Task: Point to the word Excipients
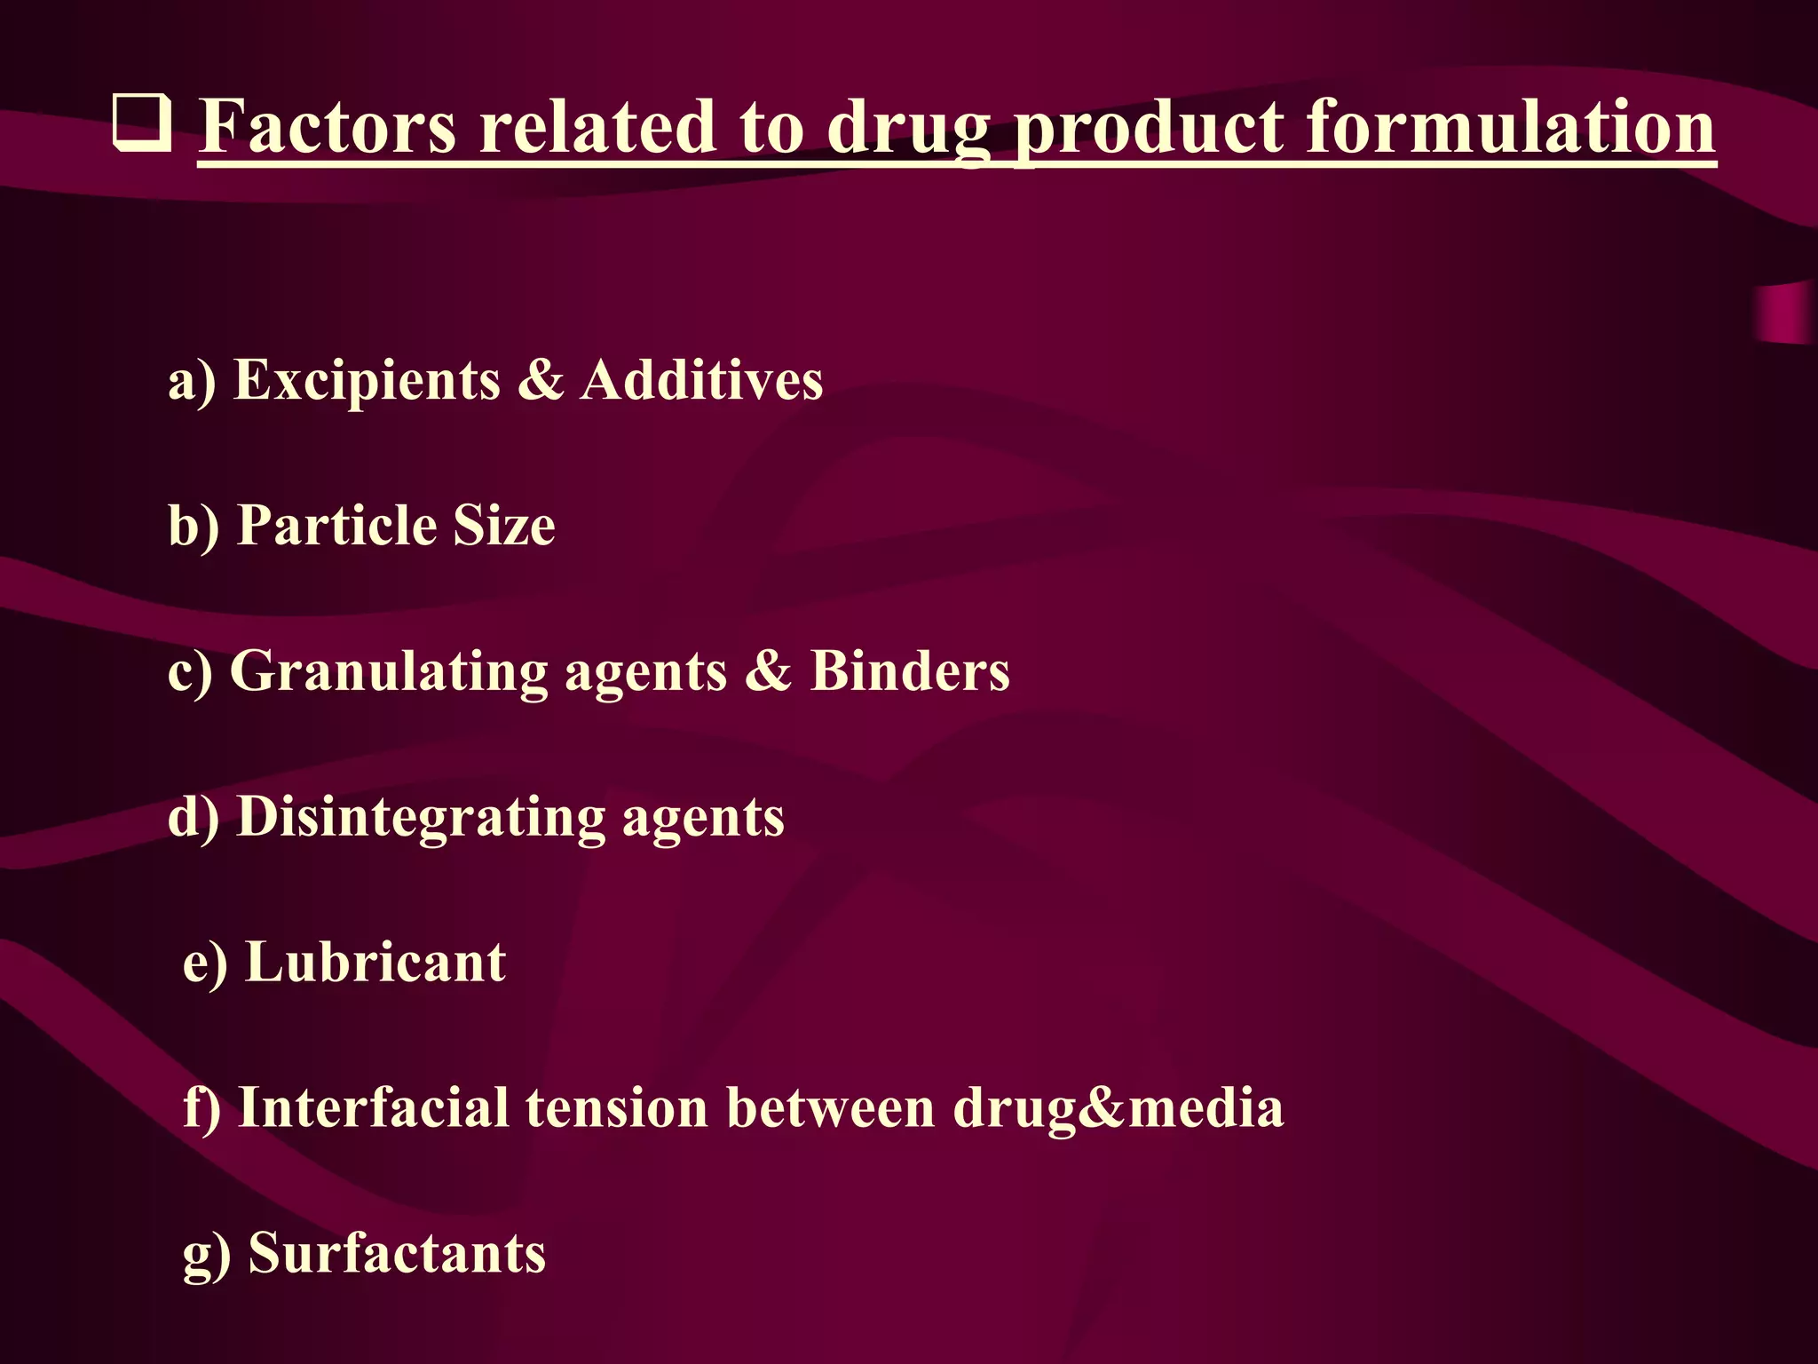point(367,380)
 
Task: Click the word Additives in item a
point(701,380)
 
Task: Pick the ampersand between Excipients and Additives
point(540,380)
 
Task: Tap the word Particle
point(336,525)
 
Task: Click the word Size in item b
point(504,525)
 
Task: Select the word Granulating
point(389,671)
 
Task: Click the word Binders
point(910,670)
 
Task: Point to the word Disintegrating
point(421,817)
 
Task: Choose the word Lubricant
point(375,962)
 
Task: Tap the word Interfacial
point(374,1107)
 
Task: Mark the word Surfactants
point(397,1253)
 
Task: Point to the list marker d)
point(193,817)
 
